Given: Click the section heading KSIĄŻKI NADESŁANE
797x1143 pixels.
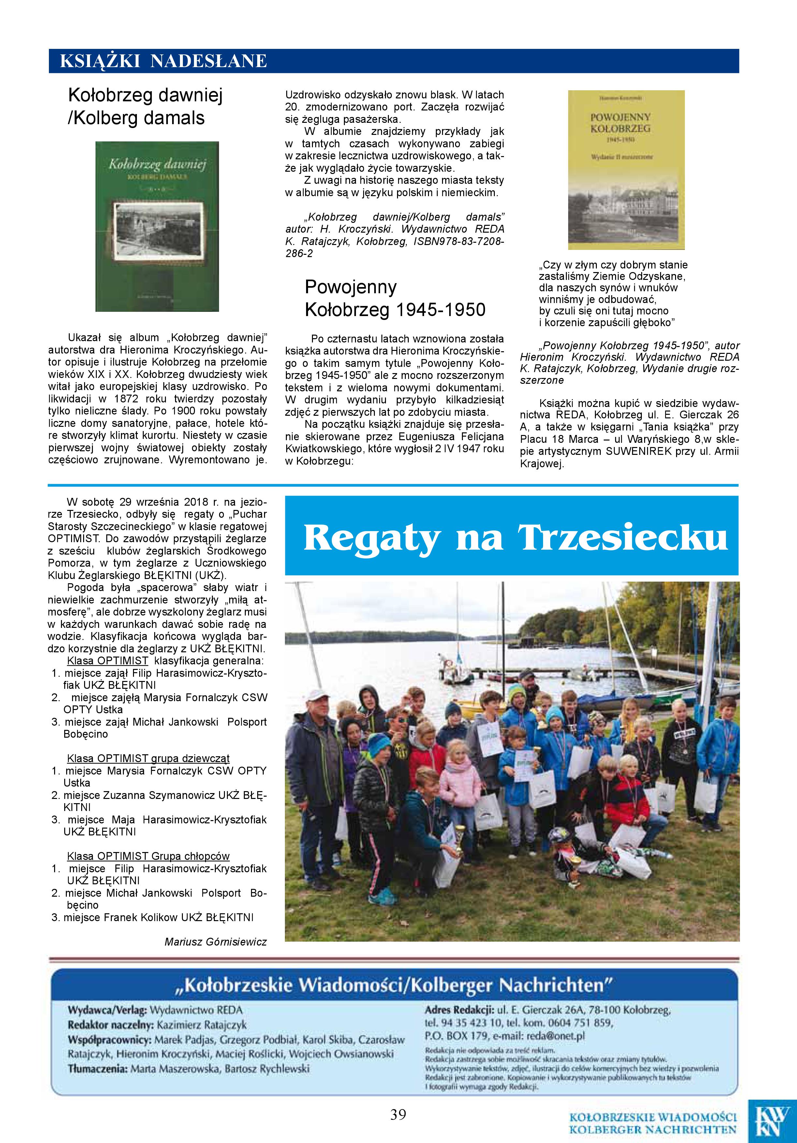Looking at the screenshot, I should click(x=163, y=61).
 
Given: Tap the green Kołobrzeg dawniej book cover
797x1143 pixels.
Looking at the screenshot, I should click(x=157, y=226).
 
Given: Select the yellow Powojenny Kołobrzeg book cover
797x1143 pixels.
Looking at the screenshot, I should click(x=626, y=170).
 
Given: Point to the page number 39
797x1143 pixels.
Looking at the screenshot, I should click(x=398, y=1115).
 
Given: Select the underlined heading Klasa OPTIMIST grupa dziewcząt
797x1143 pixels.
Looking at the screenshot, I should click(x=148, y=758).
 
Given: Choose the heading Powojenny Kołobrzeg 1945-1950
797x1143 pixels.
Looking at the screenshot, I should click(x=394, y=298).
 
